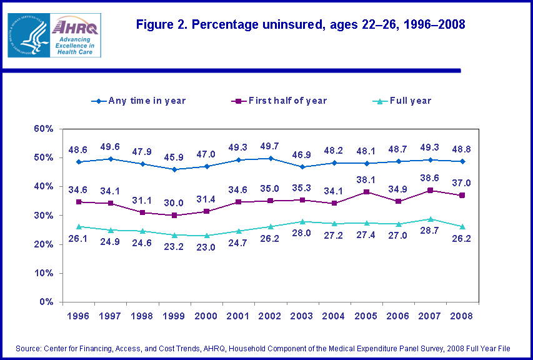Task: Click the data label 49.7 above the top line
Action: click(270, 146)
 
